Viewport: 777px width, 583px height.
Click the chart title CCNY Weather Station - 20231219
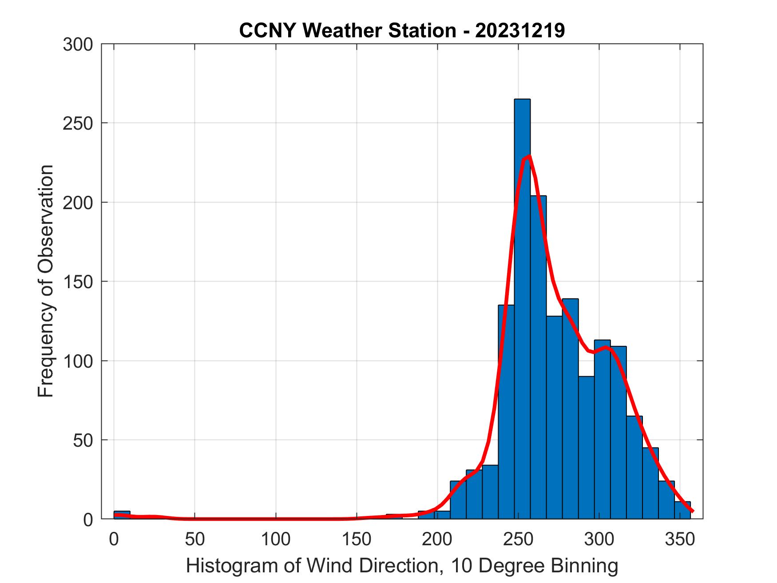tap(402, 31)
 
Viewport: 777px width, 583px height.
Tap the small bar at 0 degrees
tap(122, 515)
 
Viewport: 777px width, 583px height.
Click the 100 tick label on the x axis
tap(276, 539)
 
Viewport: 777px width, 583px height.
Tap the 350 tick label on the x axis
tap(680, 539)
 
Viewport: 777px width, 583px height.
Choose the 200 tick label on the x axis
tap(437, 539)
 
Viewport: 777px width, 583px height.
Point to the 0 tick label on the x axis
tap(114, 539)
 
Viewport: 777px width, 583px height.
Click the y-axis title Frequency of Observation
tap(46, 281)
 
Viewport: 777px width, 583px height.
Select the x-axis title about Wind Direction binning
tap(402, 566)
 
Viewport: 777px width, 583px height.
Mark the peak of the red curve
tap(528, 156)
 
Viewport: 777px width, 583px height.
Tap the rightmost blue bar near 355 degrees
tap(682, 510)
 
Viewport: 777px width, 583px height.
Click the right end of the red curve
tap(692, 511)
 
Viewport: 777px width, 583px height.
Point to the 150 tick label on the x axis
tap(357, 539)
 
